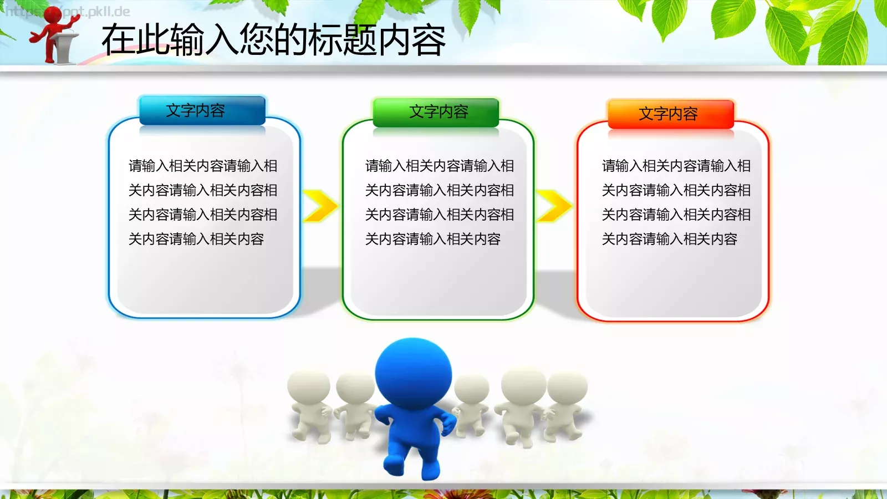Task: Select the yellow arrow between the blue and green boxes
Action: click(x=320, y=206)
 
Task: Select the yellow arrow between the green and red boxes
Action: click(x=554, y=206)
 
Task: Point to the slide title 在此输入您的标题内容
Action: click(x=273, y=40)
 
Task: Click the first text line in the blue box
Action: click(x=203, y=166)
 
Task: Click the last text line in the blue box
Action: click(x=196, y=239)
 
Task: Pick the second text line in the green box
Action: click(x=439, y=190)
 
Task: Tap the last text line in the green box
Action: click(x=432, y=239)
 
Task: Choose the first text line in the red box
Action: click(x=676, y=166)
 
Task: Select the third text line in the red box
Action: click(x=676, y=215)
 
